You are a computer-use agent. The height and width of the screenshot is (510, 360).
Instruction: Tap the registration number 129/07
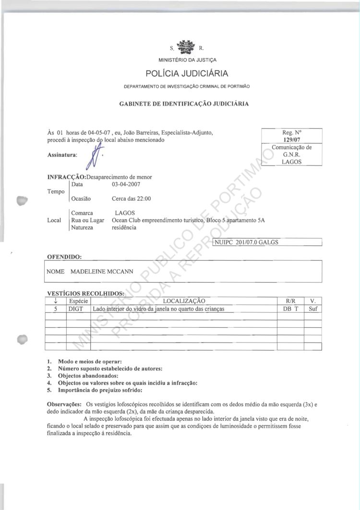[x=291, y=140]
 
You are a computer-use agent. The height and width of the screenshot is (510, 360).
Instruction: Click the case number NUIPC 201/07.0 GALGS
[x=247, y=242]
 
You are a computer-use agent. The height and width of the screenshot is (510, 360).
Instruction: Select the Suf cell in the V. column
[x=313, y=309]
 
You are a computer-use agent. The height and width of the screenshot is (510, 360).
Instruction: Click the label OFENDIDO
[x=64, y=257]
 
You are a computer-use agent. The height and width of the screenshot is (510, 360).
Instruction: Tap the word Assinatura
[x=63, y=155]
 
